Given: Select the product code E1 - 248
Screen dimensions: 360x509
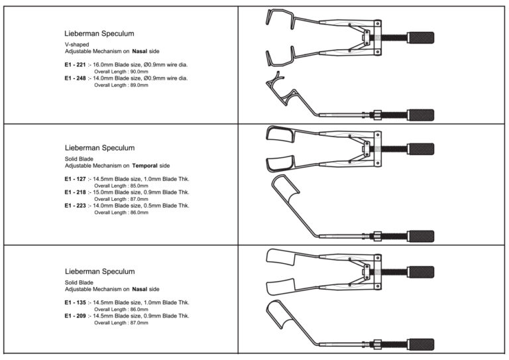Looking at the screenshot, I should (74, 78).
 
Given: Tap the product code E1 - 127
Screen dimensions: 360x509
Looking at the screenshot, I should (74, 179).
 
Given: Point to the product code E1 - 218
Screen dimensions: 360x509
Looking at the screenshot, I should (74, 192).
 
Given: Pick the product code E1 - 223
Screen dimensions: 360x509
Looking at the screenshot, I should (74, 206).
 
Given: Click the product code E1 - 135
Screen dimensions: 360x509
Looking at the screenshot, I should (74, 302).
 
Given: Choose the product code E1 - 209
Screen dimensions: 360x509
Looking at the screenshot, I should (74, 316).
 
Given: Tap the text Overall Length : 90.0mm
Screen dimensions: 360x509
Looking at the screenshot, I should (121, 71).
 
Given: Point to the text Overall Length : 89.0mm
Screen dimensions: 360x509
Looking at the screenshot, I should (121, 85).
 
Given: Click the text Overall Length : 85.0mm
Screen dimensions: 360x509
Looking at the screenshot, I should (121, 186).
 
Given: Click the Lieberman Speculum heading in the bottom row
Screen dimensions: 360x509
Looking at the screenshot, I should (99, 271).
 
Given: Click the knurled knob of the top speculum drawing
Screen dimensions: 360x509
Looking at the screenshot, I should (422, 36).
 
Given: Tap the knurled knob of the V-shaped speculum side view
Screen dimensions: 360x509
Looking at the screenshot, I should (422, 114).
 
